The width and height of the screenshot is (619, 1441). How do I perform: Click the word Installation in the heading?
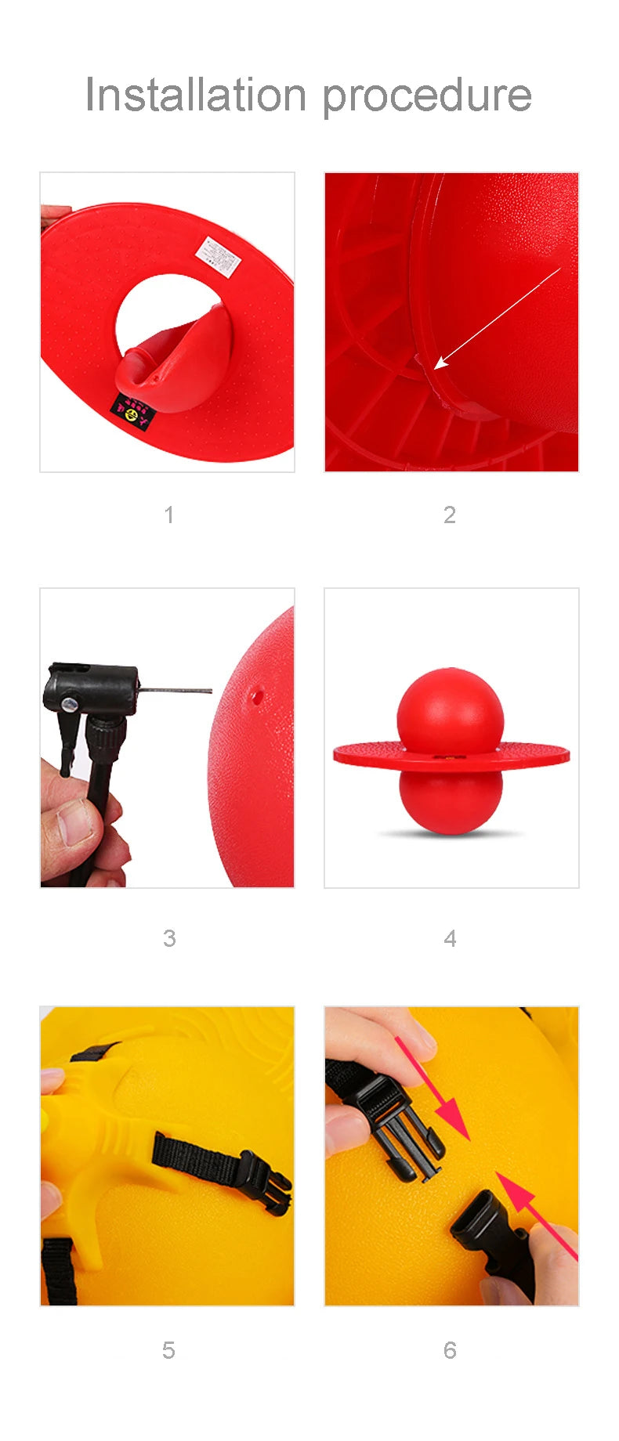pyautogui.click(x=195, y=95)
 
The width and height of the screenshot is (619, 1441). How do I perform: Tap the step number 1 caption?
pyautogui.click(x=168, y=515)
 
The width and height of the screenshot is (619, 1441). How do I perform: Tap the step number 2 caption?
pyautogui.click(x=449, y=515)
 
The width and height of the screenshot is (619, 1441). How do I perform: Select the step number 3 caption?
pyautogui.click(x=168, y=937)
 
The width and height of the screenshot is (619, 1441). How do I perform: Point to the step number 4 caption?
pyautogui.click(x=449, y=937)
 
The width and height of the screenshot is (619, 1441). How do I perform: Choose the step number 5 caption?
pyautogui.click(x=168, y=1350)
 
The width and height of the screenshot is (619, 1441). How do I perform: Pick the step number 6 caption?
pyautogui.click(x=449, y=1350)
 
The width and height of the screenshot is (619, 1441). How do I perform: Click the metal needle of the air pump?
pyautogui.click(x=176, y=690)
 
